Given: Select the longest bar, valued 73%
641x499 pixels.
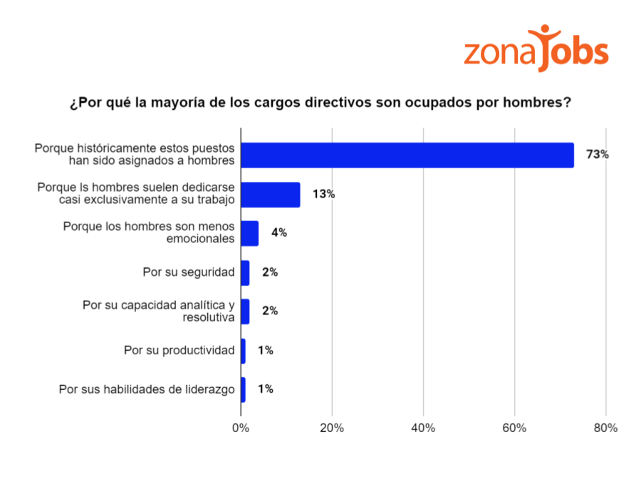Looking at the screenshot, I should (407, 155).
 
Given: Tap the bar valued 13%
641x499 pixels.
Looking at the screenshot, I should (271, 195).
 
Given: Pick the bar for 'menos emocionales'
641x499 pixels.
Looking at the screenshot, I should (250, 233).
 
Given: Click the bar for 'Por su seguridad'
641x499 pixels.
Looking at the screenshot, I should (245, 272).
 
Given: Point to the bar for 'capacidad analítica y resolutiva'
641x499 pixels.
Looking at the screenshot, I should (245, 312).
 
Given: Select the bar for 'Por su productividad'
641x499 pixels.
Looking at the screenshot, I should (243, 351).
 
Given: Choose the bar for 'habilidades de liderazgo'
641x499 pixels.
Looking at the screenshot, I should (243, 389).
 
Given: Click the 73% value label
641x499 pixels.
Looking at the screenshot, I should (597, 155).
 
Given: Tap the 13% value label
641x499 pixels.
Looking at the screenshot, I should (323, 194).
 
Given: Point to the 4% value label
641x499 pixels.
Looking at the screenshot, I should (278, 233).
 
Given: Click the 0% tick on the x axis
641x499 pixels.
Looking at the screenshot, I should (241, 428).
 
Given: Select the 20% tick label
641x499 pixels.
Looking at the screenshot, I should (332, 428).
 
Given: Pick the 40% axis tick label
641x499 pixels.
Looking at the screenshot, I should (423, 428).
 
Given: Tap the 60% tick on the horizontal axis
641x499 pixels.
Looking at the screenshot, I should (514, 428).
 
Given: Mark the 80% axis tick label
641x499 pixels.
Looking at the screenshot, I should (605, 428).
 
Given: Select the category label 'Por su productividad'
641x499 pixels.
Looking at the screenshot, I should (179, 351).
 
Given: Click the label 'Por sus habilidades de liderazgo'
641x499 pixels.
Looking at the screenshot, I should (147, 389).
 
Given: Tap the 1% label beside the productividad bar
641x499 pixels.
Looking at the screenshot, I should (266, 351).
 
